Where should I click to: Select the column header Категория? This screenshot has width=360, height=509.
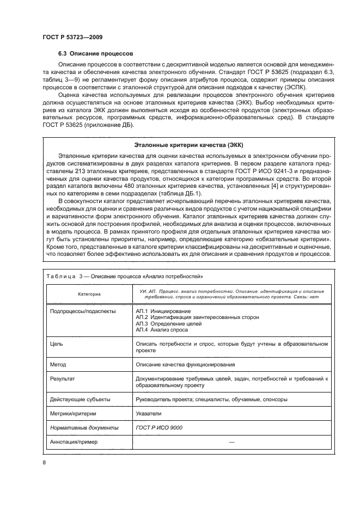click(x=89, y=294)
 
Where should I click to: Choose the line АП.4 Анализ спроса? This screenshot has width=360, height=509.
click(x=162, y=330)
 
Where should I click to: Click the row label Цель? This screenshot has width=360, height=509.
click(x=56, y=344)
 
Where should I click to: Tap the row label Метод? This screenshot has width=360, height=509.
click(x=58, y=364)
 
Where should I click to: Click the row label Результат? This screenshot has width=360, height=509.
click(x=62, y=378)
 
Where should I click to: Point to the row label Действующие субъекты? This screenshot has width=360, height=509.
click(x=80, y=399)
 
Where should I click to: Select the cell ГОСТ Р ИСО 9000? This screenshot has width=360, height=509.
click(x=159, y=427)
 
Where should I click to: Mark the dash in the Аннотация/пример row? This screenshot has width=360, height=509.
click(x=231, y=441)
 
